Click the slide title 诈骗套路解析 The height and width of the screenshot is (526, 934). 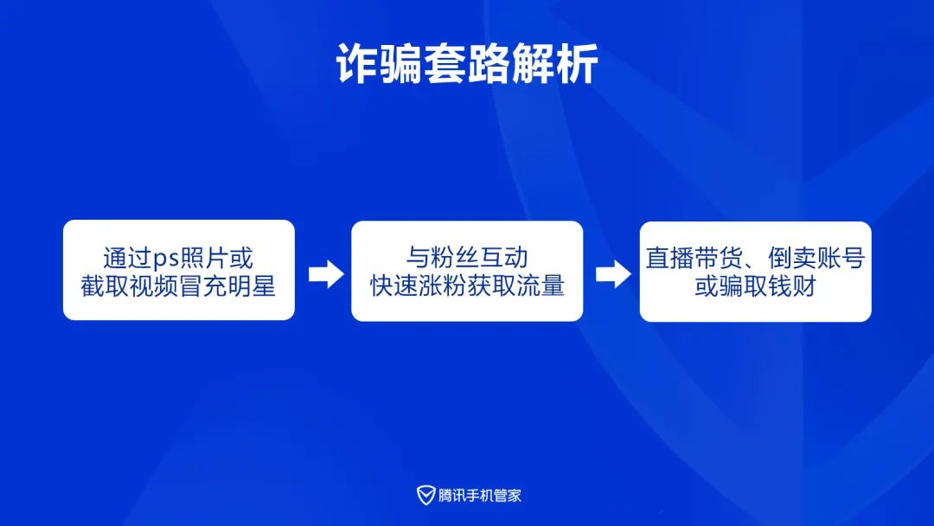point(467,64)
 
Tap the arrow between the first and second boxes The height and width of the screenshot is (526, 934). point(326,274)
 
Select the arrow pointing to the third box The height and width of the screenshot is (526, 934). point(613,274)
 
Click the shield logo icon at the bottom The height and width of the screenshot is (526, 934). point(425,495)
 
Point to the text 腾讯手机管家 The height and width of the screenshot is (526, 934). point(479,495)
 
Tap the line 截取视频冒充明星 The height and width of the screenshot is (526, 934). point(178,286)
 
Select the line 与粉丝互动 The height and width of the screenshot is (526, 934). point(467,257)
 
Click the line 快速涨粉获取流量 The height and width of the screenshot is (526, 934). point(467,285)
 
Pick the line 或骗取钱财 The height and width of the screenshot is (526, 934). point(755,286)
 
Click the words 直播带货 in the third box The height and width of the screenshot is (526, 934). point(694,258)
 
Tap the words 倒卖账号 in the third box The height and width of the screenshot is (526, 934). point(816,258)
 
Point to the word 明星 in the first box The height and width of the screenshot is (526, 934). point(252,286)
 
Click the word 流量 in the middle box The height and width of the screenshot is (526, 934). point(541,285)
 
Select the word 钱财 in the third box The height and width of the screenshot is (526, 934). point(791,286)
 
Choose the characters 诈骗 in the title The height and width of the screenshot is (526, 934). point(380,64)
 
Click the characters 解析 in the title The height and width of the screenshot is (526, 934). point(555,64)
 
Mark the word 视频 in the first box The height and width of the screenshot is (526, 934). point(154,286)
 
